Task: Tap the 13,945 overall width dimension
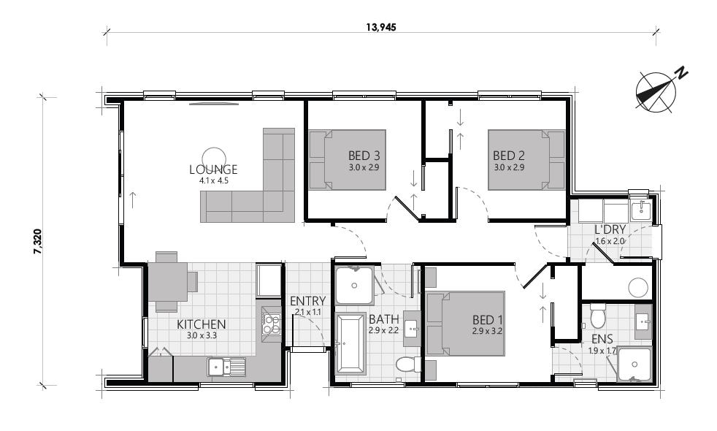[381, 26]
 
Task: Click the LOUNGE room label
[213, 169]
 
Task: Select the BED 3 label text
[364, 156]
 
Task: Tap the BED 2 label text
[509, 156]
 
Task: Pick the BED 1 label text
[488, 319]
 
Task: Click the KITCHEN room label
[201, 324]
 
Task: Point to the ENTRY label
[307, 301]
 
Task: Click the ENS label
[602, 339]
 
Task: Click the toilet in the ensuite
[598, 316]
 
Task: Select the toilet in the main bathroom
[406, 364]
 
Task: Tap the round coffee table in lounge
[213, 156]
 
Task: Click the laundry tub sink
[640, 210]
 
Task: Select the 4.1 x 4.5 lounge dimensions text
[213, 180]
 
